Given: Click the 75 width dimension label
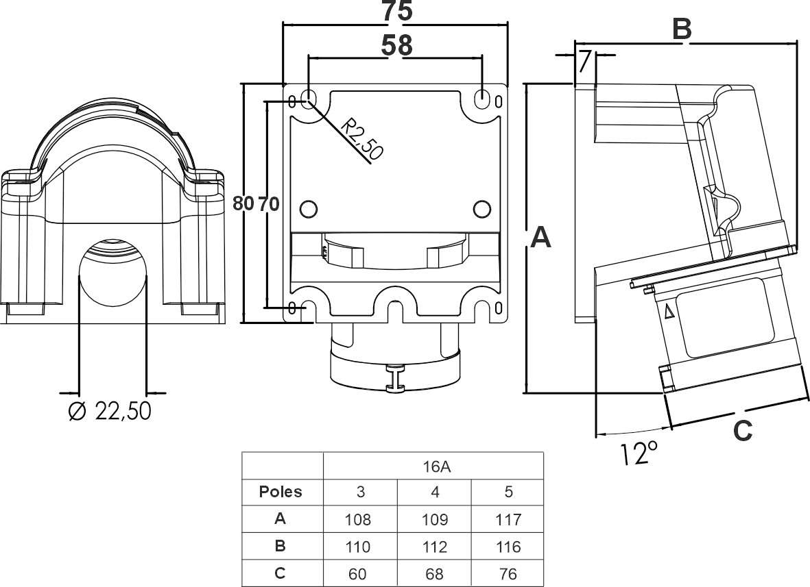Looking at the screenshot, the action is [x=397, y=12].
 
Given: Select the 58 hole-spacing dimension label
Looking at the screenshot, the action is [x=397, y=45].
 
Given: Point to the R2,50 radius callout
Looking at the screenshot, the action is [x=364, y=139].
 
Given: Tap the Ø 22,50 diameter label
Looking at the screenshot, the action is [x=110, y=411].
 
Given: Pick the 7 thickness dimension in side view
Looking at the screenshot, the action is [x=584, y=62].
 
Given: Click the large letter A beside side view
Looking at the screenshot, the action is [x=541, y=238].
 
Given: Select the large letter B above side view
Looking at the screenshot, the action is [x=682, y=29].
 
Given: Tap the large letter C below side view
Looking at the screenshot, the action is [x=743, y=431].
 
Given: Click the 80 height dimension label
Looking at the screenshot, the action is [x=243, y=203].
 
